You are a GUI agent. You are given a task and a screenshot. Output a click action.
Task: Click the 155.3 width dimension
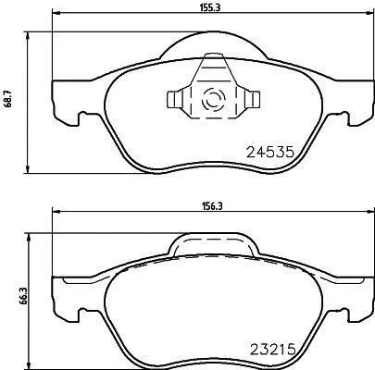[x=211, y=7]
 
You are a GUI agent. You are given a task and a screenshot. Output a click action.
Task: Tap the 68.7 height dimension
[x=10, y=99]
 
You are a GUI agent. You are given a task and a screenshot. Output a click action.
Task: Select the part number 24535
[x=269, y=152]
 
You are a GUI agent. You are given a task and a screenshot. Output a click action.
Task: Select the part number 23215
[x=272, y=350]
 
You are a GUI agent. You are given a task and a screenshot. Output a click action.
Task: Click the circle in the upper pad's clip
[x=212, y=100]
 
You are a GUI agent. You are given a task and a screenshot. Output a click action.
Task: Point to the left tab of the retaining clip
[x=174, y=100]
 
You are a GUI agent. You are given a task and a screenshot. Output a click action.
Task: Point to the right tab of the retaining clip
[x=253, y=100]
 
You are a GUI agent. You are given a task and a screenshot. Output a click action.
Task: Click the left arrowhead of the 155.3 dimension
[x=56, y=13]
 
